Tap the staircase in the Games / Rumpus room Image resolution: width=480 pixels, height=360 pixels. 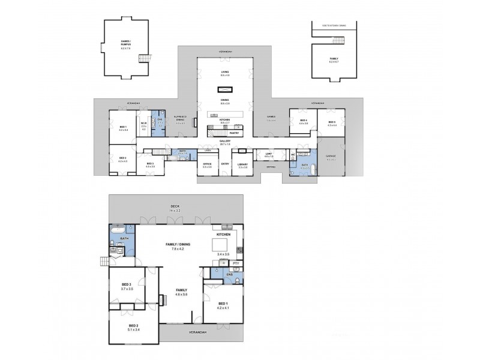pos(144,58)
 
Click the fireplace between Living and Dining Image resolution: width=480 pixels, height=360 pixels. pos(224,89)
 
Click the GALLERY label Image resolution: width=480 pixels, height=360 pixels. pos(224,141)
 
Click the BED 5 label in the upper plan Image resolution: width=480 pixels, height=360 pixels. pos(331,122)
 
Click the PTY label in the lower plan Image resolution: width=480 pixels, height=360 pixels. pos(236,263)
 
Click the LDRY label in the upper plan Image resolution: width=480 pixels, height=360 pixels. pos(208,150)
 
